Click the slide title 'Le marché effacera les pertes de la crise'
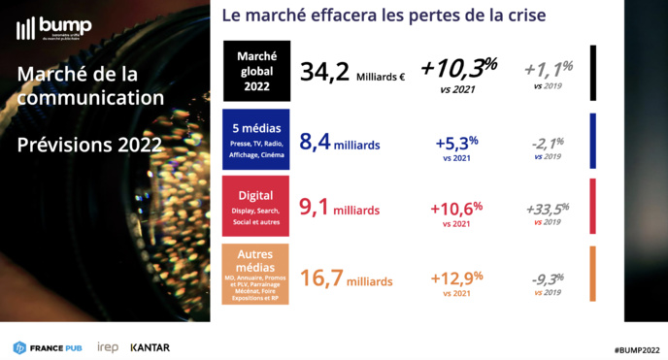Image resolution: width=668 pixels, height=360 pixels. click(384, 16)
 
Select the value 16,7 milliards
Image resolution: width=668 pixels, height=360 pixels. click(347, 280)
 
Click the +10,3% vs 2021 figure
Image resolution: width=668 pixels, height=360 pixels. click(458, 72)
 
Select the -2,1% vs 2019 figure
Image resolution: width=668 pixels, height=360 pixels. click(548, 147)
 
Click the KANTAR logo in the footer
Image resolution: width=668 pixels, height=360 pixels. click(150, 346)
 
